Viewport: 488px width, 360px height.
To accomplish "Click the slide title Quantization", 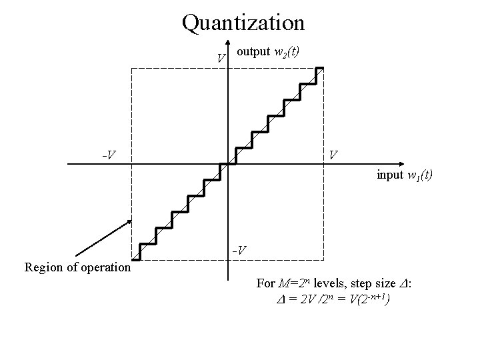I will pos(243,23).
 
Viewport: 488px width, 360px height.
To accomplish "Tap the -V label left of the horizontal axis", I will pos(109,155).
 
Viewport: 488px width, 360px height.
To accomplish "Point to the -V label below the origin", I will pos(239,251).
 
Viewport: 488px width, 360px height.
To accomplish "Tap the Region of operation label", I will pos(77,268).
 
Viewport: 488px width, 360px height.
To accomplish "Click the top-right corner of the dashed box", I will pos(324,68).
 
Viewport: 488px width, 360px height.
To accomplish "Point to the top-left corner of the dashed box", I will pos(131,68).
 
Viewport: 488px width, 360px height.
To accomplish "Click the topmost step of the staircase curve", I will pos(319,68).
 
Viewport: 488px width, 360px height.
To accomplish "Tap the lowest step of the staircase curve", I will pos(136,259).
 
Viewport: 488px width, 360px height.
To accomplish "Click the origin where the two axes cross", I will pos(227,163).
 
